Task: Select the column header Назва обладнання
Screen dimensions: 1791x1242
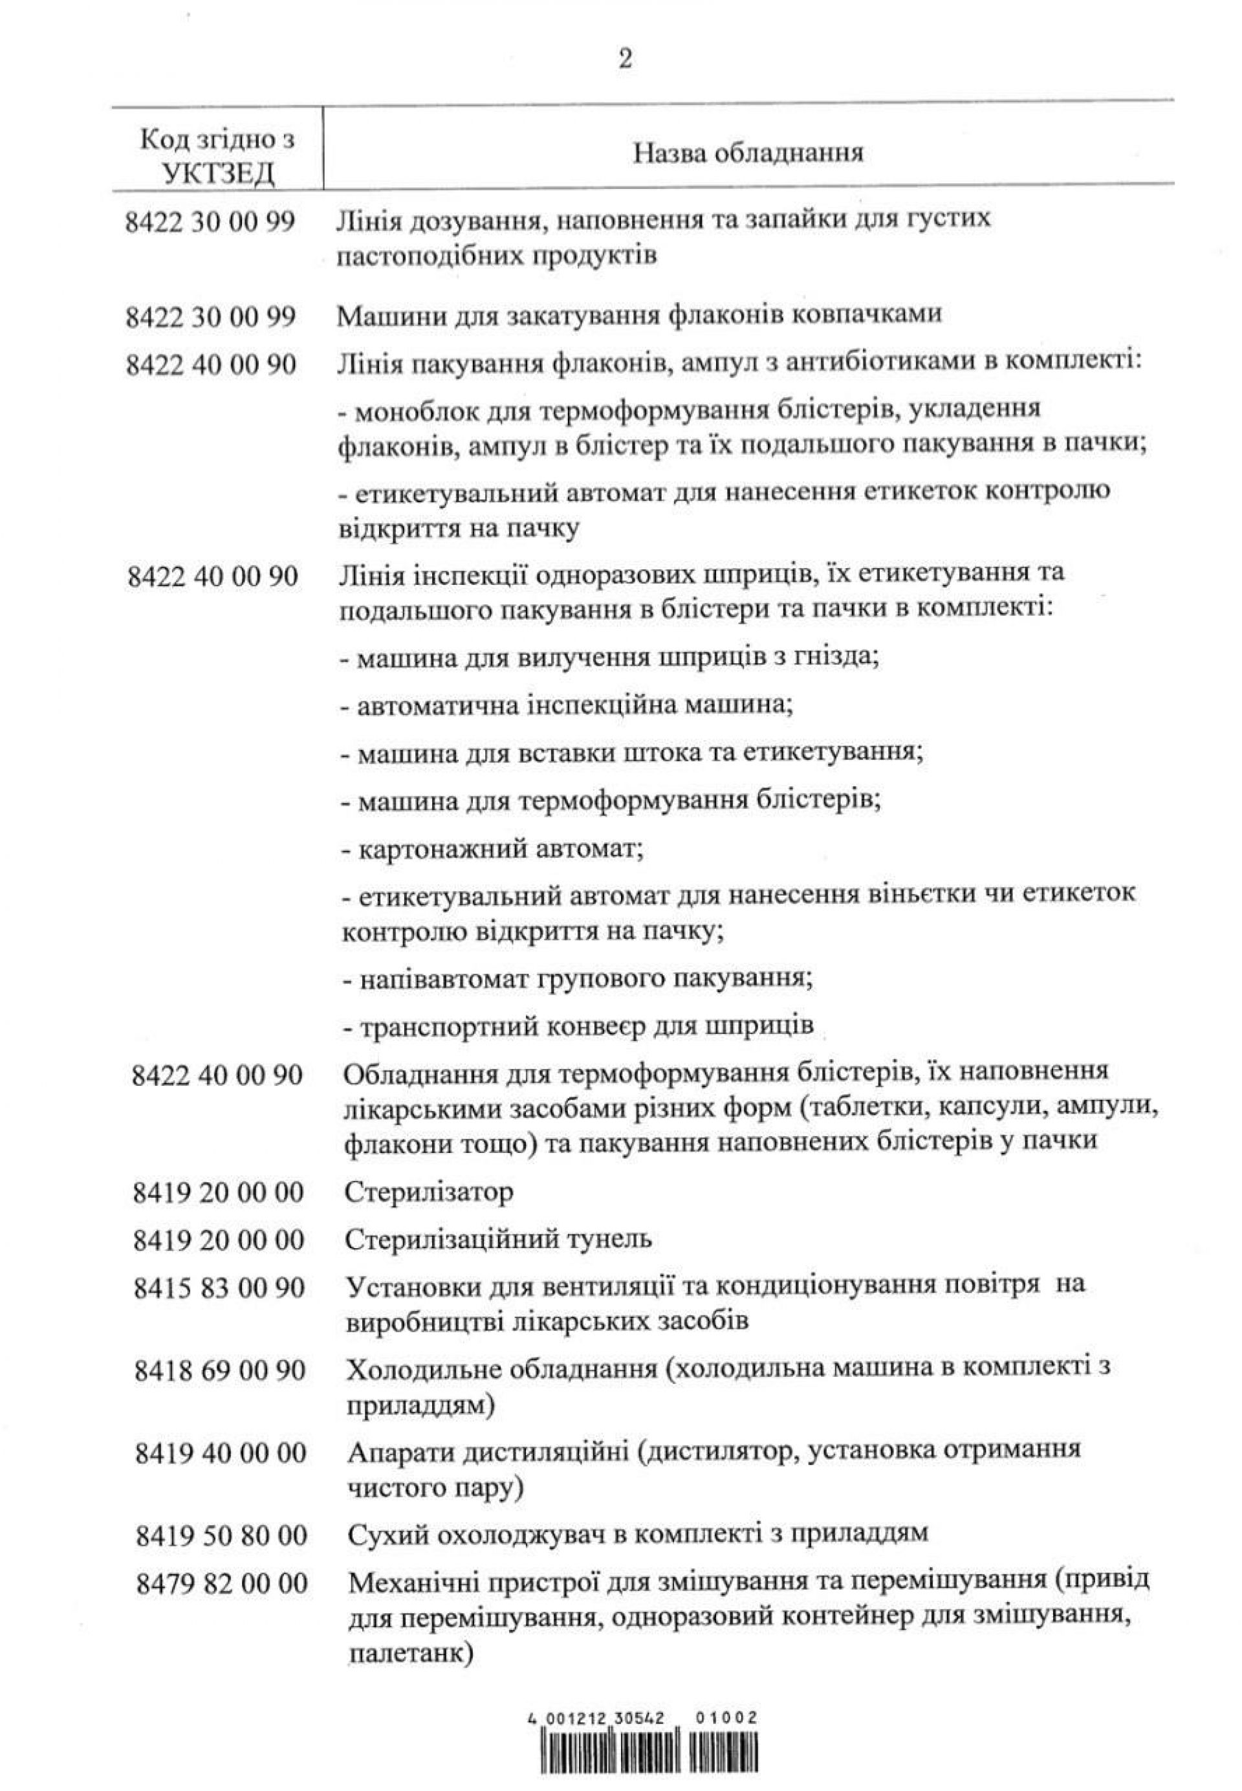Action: tap(747, 152)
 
